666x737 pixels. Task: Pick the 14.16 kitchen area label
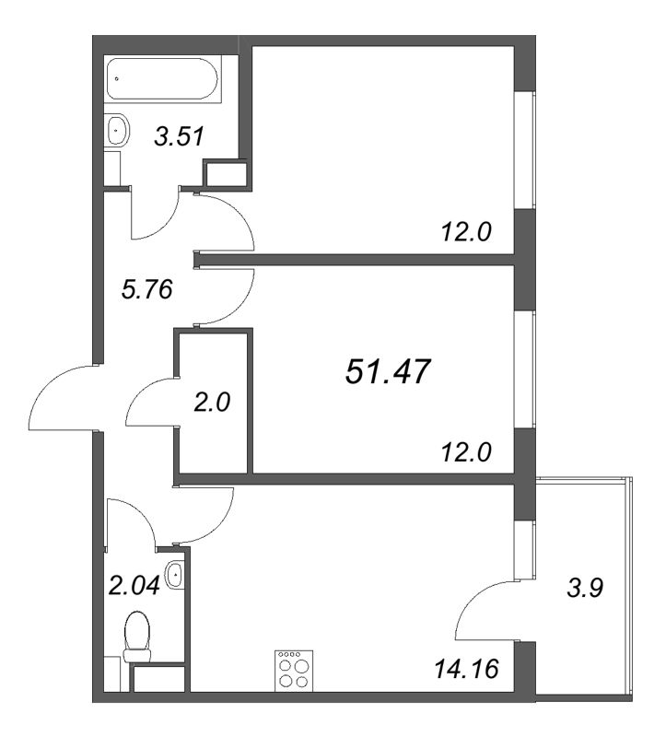click(x=467, y=667)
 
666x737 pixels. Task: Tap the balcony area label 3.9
click(x=586, y=587)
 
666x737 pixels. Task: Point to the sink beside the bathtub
click(x=116, y=130)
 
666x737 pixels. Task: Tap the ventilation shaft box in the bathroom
click(x=225, y=174)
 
